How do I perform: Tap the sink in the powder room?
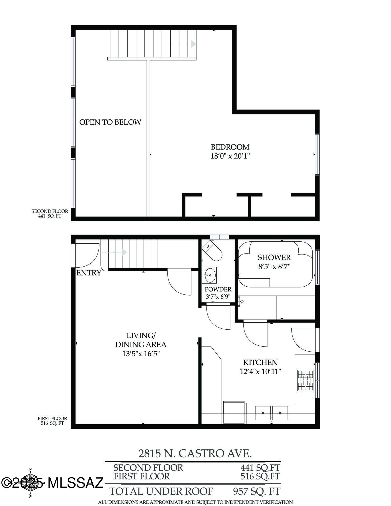click(x=209, y=275)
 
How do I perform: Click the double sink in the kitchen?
click(x=271, y=413)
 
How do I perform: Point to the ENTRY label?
click(x=89, y=273)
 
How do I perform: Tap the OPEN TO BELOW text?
click(x=110, y=122)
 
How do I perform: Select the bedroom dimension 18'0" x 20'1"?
click(x=230, y=156)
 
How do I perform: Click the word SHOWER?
click(x=274, y=258)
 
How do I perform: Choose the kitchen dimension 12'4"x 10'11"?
click(x=260, y=372)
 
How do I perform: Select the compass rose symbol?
click(x=30, y=483)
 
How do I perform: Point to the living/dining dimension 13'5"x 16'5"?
click(x=141, y=354)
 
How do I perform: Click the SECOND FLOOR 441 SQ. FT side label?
click(x=50, y=214)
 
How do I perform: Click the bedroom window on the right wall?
click(x=317, y=154)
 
